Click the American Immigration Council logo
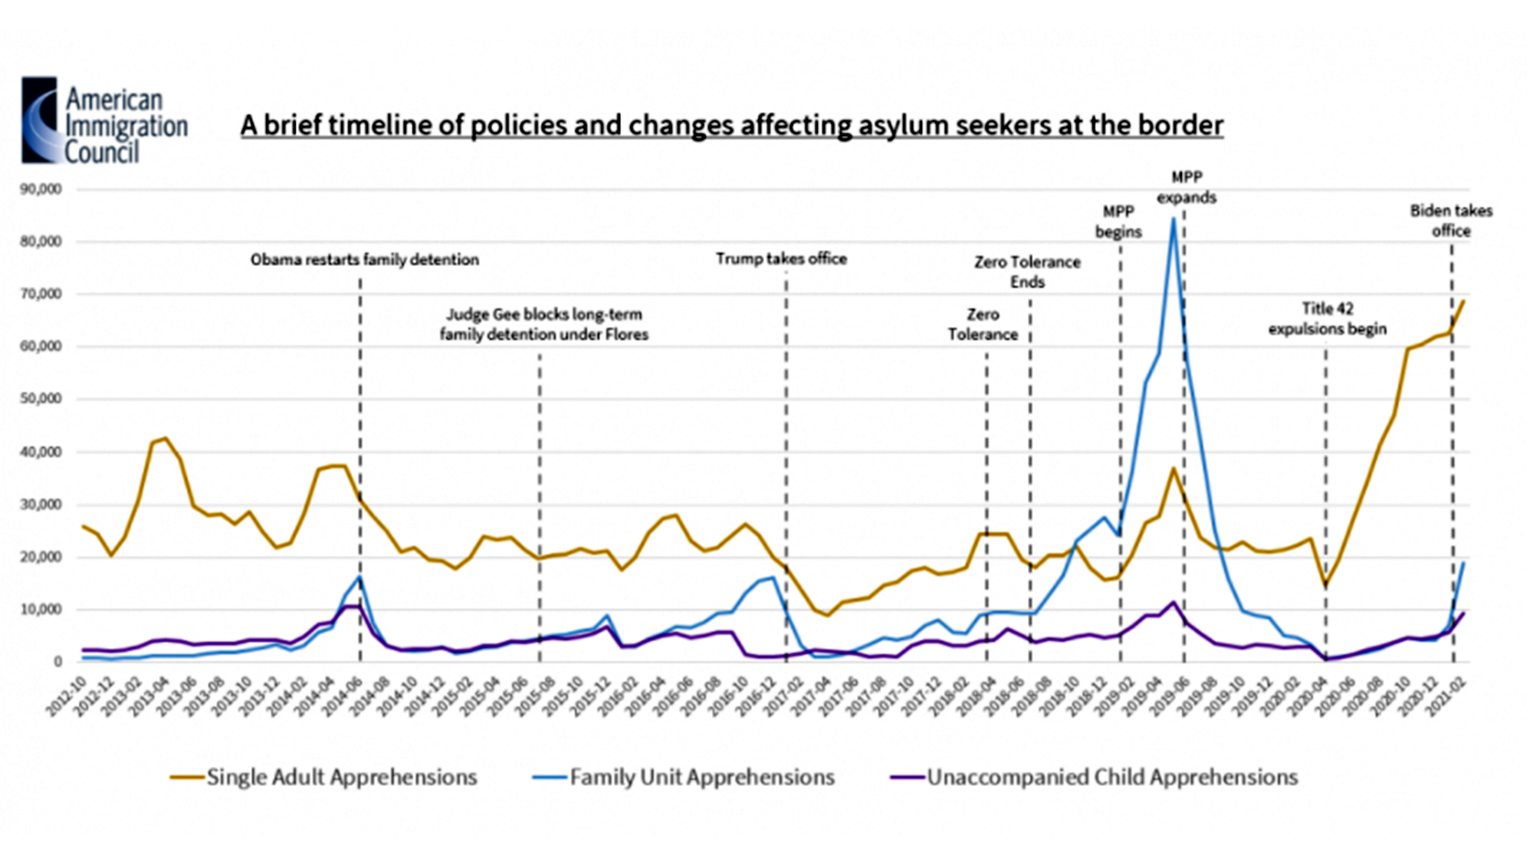point(103,120)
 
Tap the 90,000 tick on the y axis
point(41,189)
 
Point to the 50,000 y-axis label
point(41,399)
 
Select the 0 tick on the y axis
point(57,662)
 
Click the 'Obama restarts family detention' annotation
point(364,260)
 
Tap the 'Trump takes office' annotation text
point(781,258)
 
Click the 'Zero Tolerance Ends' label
point(1027,272)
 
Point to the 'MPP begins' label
point(1118,221)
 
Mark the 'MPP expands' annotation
point(1186,187)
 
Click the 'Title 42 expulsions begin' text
point(1327,318)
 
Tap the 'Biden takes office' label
point(1451,220)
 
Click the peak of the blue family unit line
point(1173,219)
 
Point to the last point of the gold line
point(1463,301)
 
